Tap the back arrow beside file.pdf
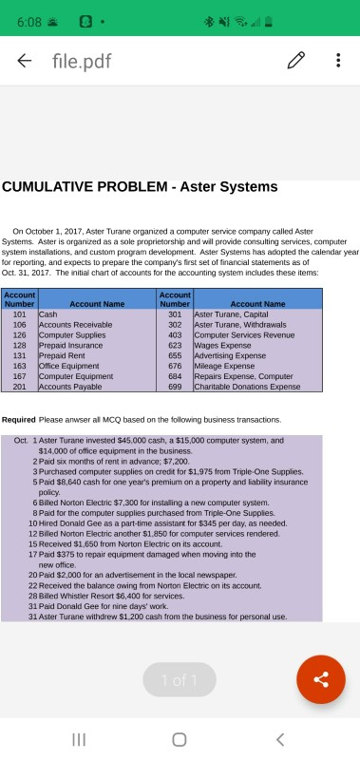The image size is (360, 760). coord(24,61)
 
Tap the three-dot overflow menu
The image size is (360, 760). coord(337,61)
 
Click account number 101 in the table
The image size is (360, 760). coord(18,313)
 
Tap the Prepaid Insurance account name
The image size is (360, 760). coord(68,350)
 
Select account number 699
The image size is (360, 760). coord(175,387)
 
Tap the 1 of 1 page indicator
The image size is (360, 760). coord(179,679)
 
